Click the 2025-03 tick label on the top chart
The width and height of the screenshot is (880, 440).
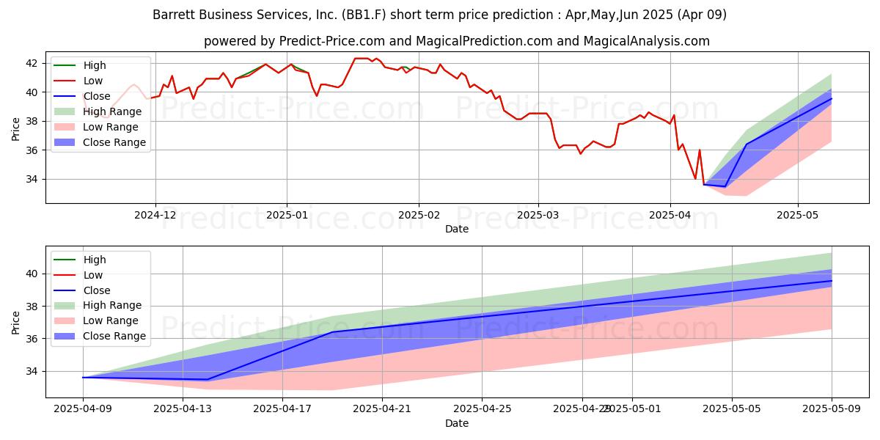[x=538, y=216]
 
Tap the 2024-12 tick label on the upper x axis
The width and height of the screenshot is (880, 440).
[x=155, y=216]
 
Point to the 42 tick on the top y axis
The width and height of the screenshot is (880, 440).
[x=33, y=63]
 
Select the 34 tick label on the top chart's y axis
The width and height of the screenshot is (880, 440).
[x=33, y=179]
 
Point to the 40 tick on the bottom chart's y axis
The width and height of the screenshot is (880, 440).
[x=33, y=274]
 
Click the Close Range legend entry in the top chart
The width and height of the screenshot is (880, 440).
[x=114, y=142]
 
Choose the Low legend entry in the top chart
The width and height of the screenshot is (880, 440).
[x=93, y=81]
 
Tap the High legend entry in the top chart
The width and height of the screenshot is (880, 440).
[x=95, y=65]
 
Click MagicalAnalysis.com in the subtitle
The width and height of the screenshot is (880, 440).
[x=646, y=41]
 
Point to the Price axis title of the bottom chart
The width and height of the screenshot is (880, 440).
[x=16, y=321]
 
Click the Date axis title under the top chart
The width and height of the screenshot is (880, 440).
[x=456, y=229]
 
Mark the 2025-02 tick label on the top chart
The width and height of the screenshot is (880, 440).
[x=419, y=216]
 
